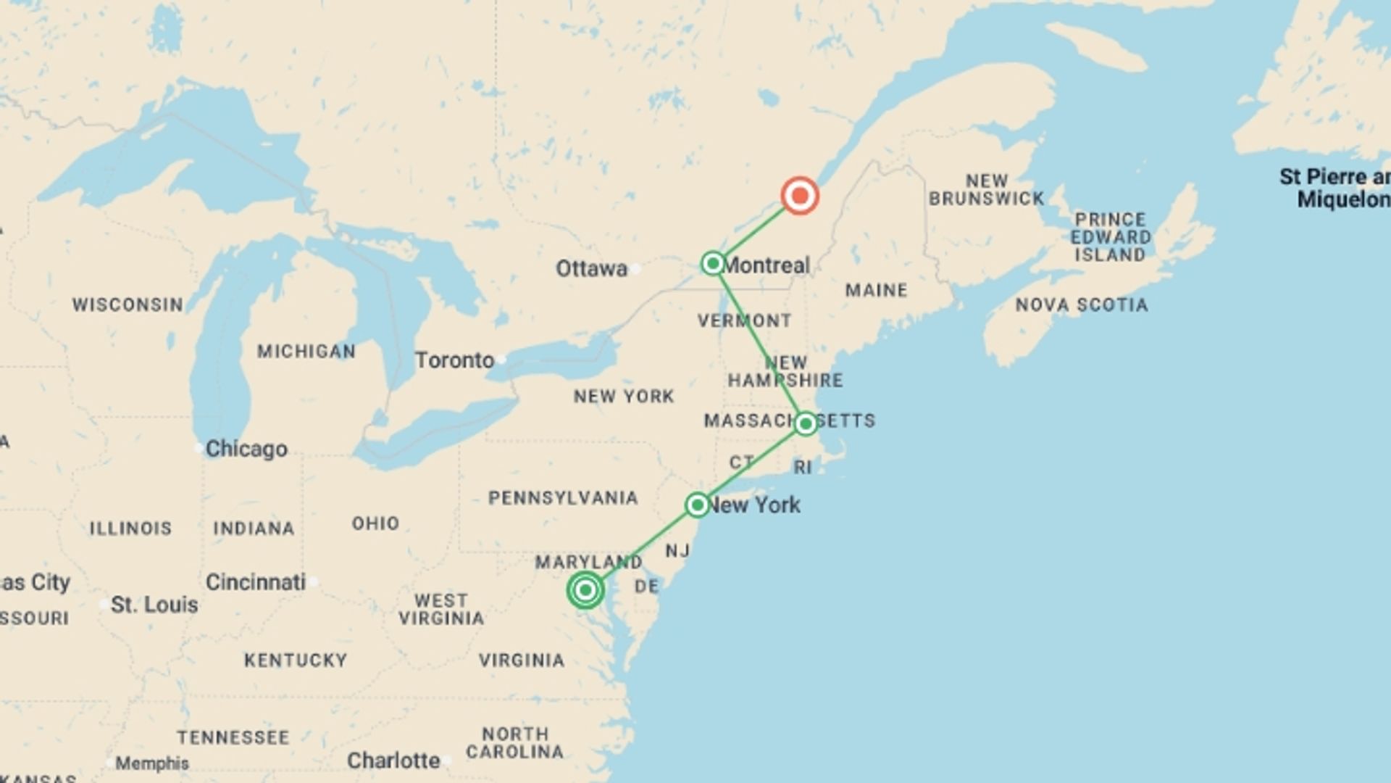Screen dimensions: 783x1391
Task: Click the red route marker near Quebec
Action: (800, 196)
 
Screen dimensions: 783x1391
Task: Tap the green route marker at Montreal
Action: (713, 263)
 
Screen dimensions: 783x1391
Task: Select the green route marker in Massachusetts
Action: (806, 423)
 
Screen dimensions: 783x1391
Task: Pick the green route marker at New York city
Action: (697, 505)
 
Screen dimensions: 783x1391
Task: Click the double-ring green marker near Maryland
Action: (585, 590)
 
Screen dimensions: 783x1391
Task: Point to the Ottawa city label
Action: (591, 269)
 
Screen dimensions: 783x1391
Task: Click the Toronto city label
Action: (454, 360)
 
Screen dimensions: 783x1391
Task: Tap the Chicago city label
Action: (246, 449)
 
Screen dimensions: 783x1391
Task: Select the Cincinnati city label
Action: (256, 582)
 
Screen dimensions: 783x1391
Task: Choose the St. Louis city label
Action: (154, 605)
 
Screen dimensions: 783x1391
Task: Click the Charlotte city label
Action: (393, 761)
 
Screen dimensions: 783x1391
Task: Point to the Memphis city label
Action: (152, 763)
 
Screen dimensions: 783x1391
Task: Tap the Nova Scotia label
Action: (1081, 305)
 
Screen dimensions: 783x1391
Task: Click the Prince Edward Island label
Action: (1111, 237)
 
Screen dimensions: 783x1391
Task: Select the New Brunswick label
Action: (987, 190)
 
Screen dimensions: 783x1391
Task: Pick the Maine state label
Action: (876, 291)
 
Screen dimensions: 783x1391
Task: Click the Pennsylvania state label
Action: (563, 498)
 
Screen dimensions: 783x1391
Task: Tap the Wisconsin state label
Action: (128, 305)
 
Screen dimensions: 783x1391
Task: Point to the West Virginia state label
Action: (441, 610)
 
